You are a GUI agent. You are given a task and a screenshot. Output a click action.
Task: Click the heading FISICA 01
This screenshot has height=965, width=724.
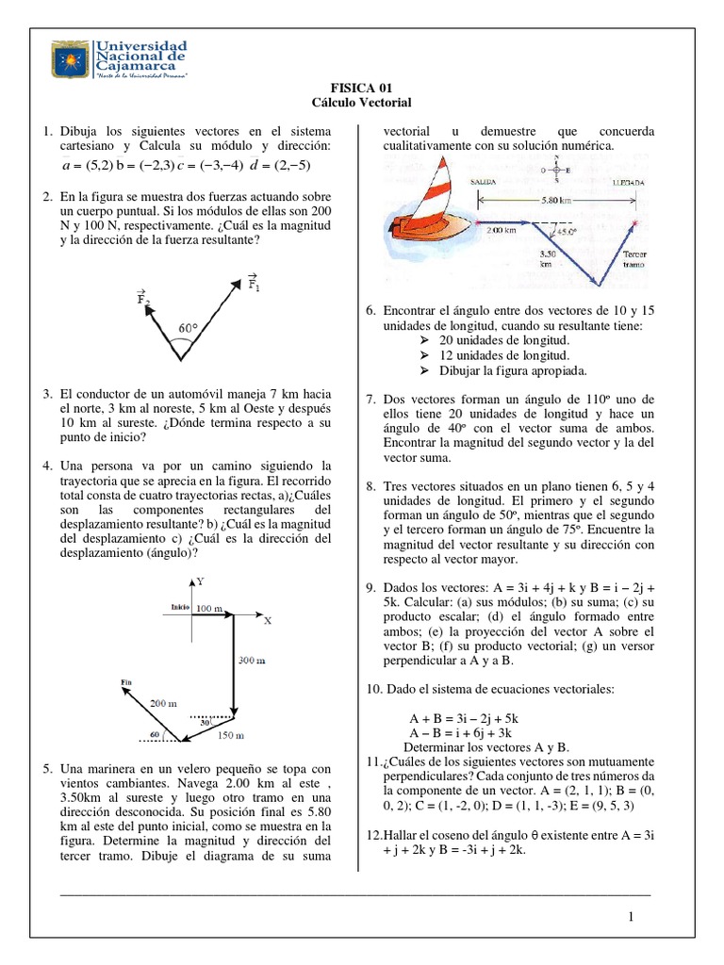point(362,87)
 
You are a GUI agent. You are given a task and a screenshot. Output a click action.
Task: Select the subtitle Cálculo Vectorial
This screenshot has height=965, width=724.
point(362,102)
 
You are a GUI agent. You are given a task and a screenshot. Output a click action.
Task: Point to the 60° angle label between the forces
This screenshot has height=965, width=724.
point(189,328)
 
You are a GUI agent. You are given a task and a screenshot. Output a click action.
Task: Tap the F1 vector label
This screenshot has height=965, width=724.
point(254,282)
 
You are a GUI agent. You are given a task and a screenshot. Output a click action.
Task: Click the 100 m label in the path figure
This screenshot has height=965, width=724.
point(208,610)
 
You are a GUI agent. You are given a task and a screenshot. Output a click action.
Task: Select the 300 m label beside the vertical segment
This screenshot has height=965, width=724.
point(251,661)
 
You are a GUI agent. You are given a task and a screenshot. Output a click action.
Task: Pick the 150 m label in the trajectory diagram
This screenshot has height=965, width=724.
point(231,734)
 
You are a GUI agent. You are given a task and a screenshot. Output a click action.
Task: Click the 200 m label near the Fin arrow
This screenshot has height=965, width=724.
point(163,702)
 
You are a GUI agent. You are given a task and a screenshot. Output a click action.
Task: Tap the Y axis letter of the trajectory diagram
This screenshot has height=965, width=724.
point(200,582)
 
